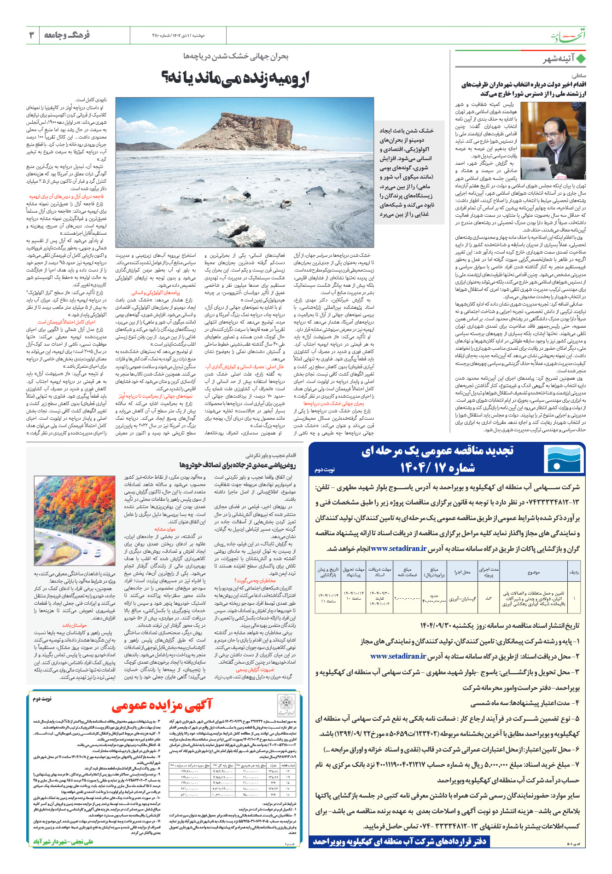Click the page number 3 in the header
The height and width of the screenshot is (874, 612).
pos(32,35)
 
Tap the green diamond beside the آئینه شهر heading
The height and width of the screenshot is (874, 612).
pos(581,59)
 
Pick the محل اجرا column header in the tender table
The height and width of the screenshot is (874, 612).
pos(462,572)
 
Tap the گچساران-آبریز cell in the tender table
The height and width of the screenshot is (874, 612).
pos(462,599)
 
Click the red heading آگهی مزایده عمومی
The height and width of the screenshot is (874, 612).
pos(162,705)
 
